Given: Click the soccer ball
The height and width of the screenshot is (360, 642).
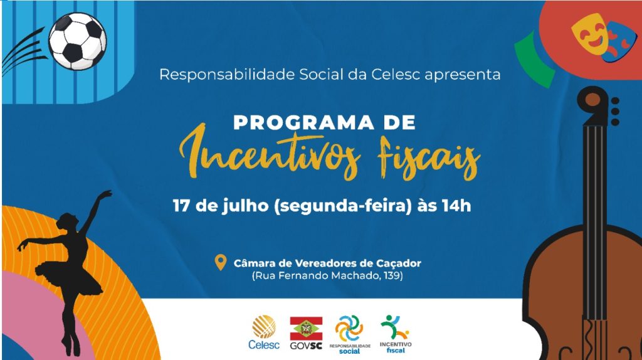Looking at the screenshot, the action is point(77,41).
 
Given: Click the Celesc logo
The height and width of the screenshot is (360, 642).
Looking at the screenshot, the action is point(264,332).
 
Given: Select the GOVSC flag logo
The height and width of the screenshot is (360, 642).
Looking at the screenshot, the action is point(306,333).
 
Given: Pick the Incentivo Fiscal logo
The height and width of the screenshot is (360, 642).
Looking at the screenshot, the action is point(395,334).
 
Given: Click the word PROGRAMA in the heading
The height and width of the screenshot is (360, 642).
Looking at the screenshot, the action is point(304,123).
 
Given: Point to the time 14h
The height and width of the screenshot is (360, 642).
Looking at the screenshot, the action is point(456,205).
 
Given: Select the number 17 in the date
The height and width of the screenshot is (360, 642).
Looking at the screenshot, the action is point(181,206).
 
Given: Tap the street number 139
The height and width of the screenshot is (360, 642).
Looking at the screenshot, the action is point(392,275).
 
